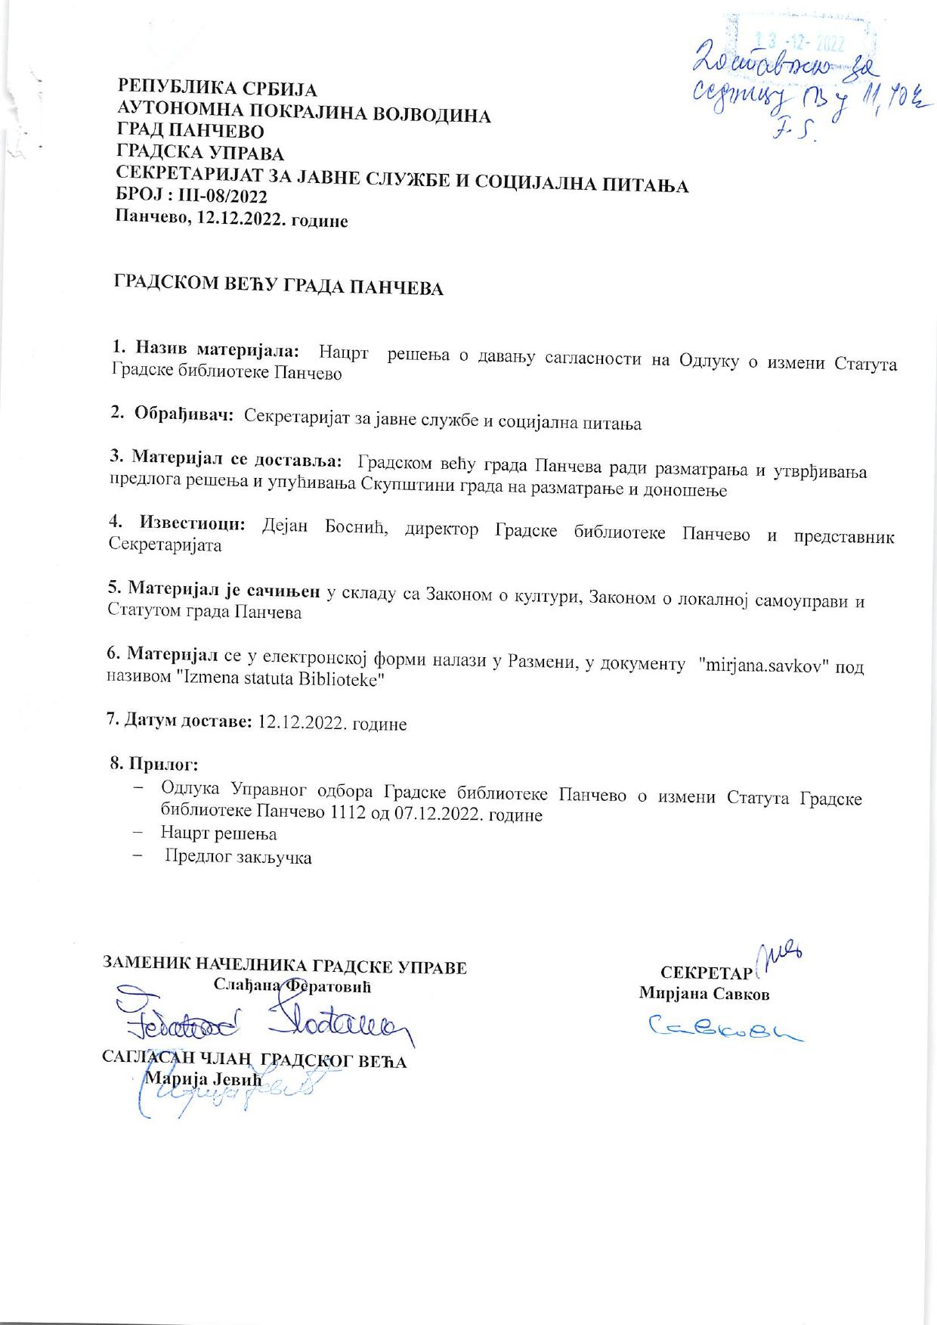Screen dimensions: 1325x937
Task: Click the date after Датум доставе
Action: point(332,724)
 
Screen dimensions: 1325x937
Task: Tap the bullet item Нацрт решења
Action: point(218,834)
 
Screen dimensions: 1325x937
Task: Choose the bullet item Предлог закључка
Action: point(238,857)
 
